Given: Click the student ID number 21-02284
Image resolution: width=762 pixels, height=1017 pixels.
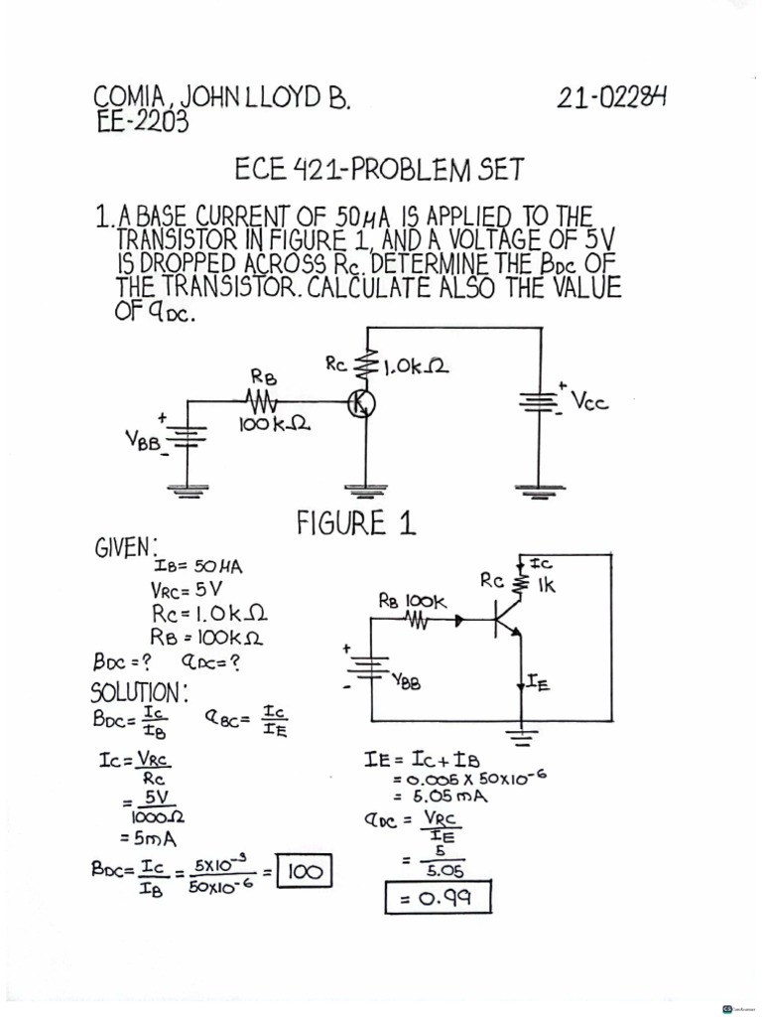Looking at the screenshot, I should point(612,98).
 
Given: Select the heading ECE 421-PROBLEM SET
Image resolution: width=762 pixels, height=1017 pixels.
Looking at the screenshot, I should point(378,169).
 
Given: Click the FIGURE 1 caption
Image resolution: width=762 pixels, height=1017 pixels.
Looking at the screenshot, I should point(355,523).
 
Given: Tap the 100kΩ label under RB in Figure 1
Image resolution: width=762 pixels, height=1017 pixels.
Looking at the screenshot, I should point(274,426).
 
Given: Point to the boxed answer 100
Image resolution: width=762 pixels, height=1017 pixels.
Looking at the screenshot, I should point(305,873).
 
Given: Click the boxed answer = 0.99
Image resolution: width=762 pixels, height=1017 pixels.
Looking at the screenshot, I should point(438,900).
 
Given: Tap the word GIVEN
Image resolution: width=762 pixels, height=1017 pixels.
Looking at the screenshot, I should point(126,547).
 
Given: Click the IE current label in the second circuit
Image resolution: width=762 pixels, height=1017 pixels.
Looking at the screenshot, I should point(536,682).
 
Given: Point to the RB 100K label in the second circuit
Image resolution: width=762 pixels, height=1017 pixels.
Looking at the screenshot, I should point(414,601).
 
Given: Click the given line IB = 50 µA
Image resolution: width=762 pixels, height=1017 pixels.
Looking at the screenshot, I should point(197,566).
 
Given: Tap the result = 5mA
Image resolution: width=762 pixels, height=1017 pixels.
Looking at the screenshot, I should point(148,836).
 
